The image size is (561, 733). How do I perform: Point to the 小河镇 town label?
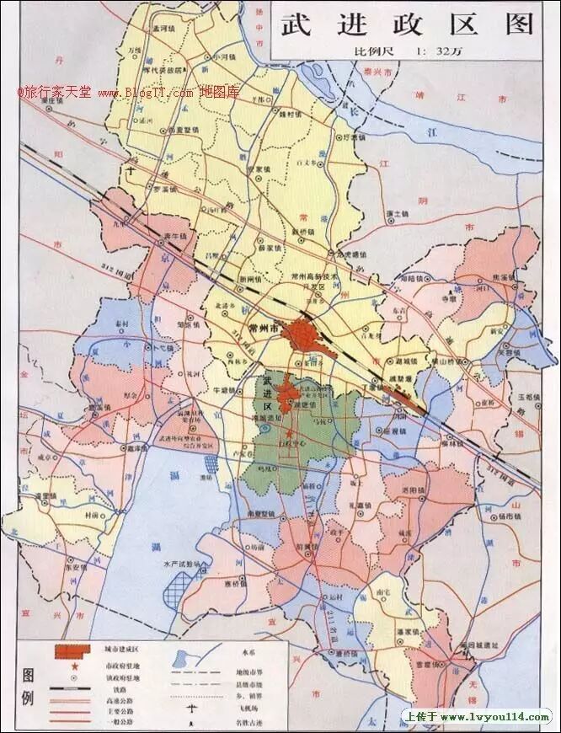[225, 56]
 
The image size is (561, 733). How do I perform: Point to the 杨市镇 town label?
[504, 513]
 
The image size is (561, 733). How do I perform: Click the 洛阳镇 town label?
[412, 490]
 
